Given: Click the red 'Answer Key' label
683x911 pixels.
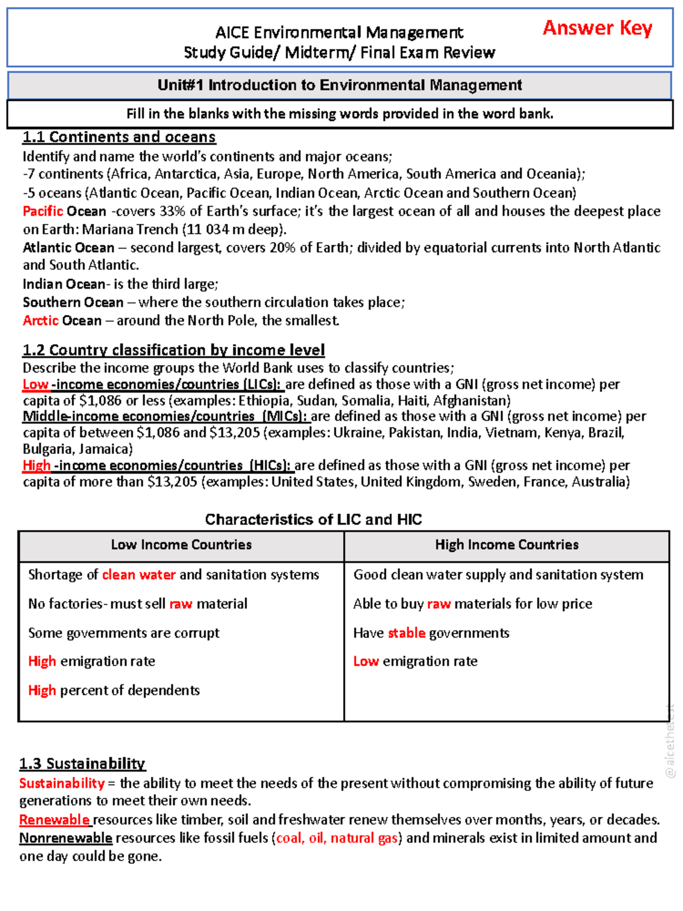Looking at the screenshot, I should coord(597,28).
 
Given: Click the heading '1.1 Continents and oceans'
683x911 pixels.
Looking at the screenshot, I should coord(119,137).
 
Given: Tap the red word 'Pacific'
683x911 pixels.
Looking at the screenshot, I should coord(43,211).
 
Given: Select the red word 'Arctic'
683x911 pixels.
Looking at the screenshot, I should coord(40,321).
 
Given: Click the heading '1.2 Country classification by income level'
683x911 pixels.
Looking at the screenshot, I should coord(174,350).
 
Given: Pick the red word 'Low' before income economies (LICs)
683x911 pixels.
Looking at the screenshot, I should coord(35,384).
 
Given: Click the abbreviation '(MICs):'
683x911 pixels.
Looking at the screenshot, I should coord(285,416).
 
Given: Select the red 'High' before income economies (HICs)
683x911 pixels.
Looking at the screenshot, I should coord(36,465).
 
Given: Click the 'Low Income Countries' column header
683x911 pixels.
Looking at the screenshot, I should coord(181,545).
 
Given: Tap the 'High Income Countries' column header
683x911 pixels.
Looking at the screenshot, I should coord(507,545).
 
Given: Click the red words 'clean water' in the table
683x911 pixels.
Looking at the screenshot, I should coord(139,574).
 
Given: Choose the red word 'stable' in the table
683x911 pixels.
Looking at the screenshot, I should coord(406,633).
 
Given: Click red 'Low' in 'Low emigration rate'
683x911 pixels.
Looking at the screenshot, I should coord(366,661).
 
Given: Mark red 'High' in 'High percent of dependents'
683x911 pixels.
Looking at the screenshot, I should coord(42,691).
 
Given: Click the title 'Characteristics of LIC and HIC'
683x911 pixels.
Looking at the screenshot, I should coord(314,519).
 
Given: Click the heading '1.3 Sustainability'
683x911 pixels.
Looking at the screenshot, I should coord(83,764).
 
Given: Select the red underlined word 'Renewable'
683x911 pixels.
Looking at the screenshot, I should coord(55,820).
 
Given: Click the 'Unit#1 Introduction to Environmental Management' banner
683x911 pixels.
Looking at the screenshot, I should coord(340,85).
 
